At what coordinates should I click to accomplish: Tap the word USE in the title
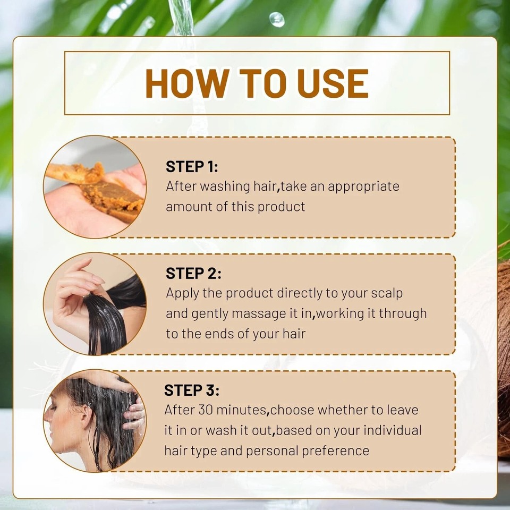[x=333, y=83]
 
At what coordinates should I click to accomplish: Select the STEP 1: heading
[x=192, y=166]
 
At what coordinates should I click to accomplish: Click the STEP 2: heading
[x=193, y=273]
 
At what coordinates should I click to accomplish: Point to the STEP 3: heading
[x=192, y=390]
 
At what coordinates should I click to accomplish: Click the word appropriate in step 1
[x=363, y=187]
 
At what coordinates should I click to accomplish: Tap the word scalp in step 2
[x=387, y=294]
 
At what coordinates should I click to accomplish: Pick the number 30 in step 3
[x=205, y=410]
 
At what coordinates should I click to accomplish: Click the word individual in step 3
[x=392, y=430]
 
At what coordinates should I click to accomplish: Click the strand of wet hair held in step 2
[x=105, y=325]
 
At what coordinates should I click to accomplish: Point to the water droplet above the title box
[x=277, y=20]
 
